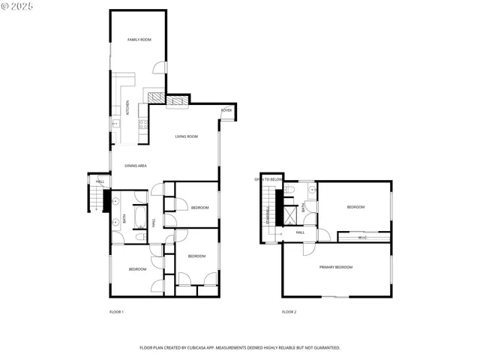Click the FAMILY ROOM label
(x=139, y=39)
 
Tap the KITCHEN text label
(x=127, y=108)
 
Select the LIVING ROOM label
(x=186, y=136)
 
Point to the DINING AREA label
(x=135, y=165)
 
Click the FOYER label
(x=226, y=110)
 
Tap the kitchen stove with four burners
(x=142, y=126)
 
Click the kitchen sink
(x=115, y=123)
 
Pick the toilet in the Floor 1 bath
(x=139, y=237)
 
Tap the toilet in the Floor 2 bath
(x=293, y=190)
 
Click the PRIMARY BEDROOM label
(x=335, y=267)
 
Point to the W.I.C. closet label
(x=362, y=238)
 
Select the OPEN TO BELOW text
(x=268, y=180)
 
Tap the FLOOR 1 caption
(x=116, y=311)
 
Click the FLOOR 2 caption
(x=289, y=311)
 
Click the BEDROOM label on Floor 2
(x=355, y=207)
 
